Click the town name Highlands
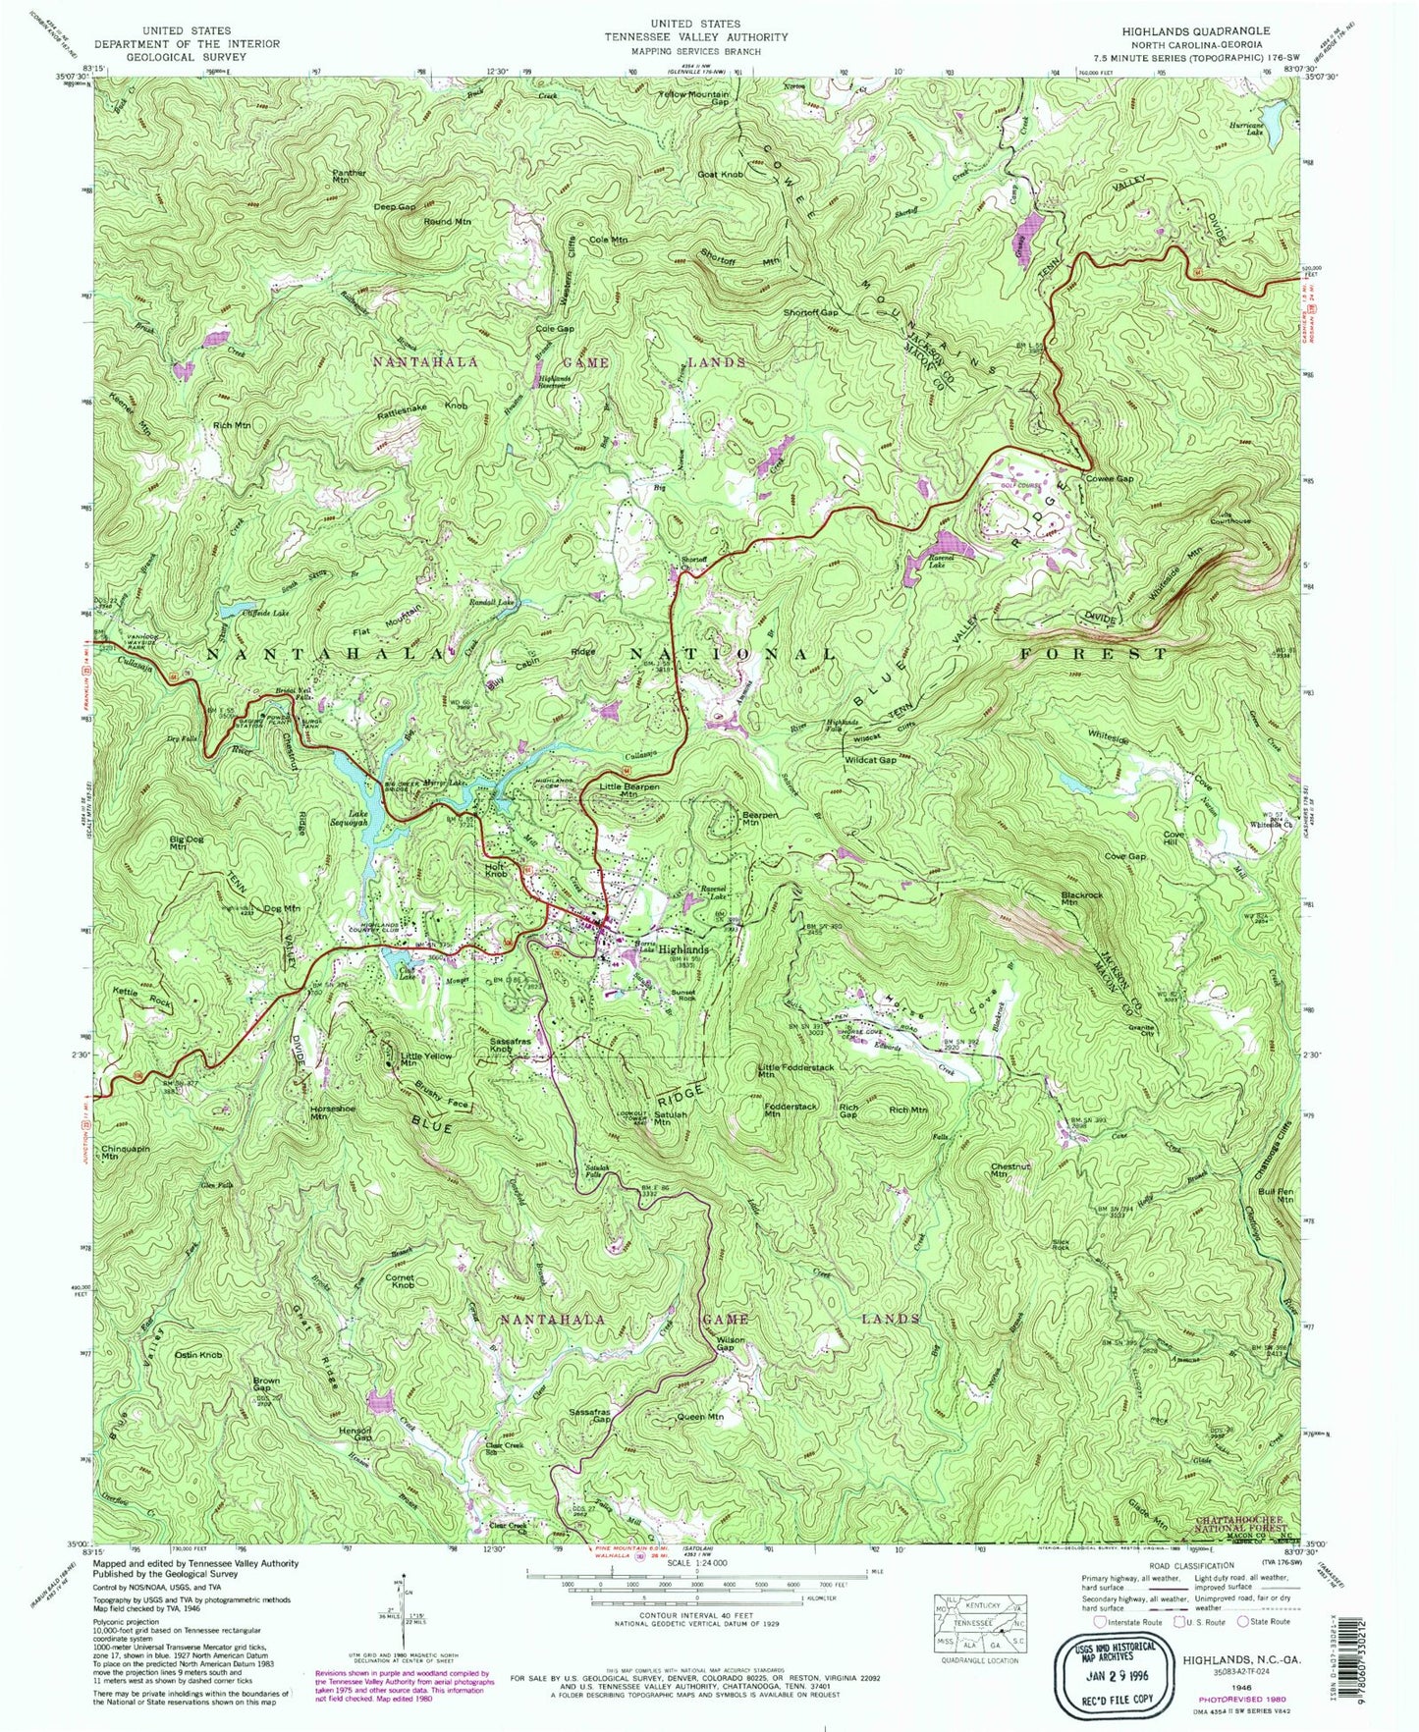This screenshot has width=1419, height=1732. tap(682, 950)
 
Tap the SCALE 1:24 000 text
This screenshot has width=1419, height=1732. tap(694, 1589)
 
